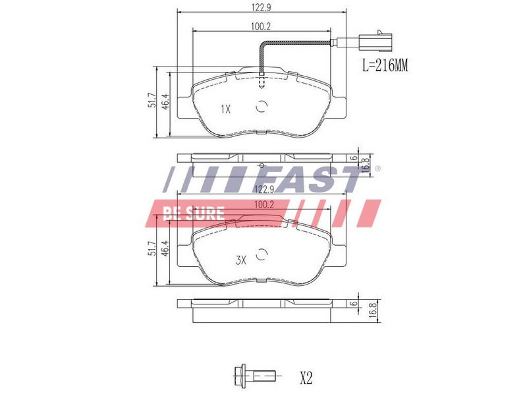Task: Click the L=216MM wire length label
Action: click(385, 65)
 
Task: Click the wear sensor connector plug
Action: click(375, 42)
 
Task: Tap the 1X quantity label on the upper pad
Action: click(226, 109)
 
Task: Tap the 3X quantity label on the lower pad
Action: click(240, 260)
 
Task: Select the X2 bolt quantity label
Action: click(306, 378)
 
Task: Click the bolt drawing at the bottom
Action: click(254, 375)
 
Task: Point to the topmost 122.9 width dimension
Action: click(261, 7)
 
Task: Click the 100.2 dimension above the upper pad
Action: click(261, 26)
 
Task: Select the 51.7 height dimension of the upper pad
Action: click(152, 100)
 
